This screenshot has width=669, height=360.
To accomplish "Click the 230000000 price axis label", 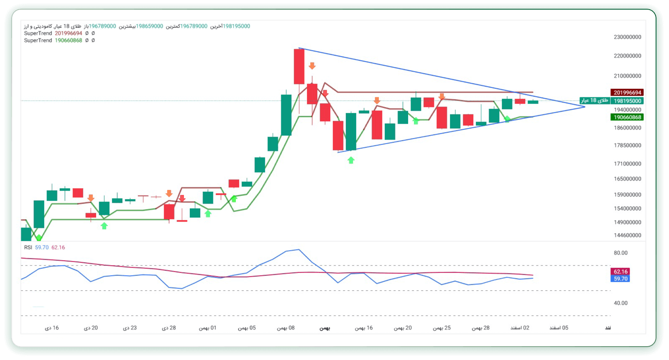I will [627, 37].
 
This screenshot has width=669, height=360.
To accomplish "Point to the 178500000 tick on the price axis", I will [627, 146].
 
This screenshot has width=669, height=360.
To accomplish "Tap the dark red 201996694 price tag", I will [627, 92].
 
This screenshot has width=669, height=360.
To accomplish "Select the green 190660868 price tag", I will [627, 117].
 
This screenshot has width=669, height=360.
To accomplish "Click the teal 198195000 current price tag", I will [627, 101].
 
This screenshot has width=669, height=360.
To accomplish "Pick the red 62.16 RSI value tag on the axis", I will [620, 272].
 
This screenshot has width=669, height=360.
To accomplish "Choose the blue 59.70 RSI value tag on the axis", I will [620, 279].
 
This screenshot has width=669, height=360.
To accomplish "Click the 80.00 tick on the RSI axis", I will [620, 253].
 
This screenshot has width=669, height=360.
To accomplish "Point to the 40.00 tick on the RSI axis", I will [620, 303].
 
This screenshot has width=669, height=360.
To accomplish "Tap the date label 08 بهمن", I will [286, 328].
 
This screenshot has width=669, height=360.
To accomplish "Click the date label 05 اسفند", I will [559, 328].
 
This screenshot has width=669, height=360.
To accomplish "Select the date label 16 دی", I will [52, 328].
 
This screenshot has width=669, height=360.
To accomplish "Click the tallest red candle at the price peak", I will [299, 66].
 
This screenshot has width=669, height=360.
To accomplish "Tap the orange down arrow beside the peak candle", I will [312, 66].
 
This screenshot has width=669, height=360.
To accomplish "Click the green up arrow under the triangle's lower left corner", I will [351, 160].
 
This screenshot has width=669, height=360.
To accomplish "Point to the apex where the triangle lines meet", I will [585, 107].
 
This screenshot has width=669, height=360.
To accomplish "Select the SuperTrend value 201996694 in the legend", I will [68, 33].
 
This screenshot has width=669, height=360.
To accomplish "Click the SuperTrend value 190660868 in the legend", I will [68, 41].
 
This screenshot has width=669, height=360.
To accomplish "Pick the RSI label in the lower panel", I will [28, 248].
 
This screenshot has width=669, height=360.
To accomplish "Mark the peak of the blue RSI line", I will [299, 250].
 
